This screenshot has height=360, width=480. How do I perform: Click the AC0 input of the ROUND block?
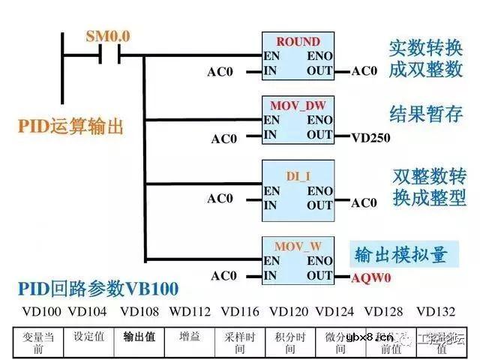tap(220, 72)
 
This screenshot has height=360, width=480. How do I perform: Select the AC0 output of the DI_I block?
tap(364, 203)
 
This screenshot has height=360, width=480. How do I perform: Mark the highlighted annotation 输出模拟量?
tap(401, 254)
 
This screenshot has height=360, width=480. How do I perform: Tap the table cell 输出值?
tap(139, 337)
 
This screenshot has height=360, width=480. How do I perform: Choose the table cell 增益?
tap(190, 337)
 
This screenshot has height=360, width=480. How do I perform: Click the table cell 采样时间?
tap(240, 343)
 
